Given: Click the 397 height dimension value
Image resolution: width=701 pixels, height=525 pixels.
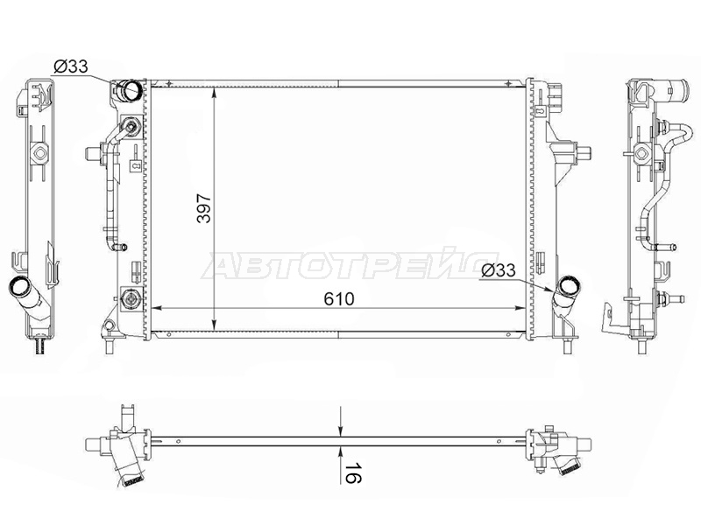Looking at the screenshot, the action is click(x=204, y=208).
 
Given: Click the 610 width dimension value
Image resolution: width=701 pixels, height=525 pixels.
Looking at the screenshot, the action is click(x=339, y=299).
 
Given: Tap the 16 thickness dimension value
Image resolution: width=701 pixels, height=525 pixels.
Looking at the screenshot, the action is click(x=353, y=472).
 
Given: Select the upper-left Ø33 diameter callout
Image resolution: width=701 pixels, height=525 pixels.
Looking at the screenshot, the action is click(x=71, y=67).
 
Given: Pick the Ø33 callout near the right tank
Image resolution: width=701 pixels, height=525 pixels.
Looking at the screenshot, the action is click(x=499, y=269).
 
